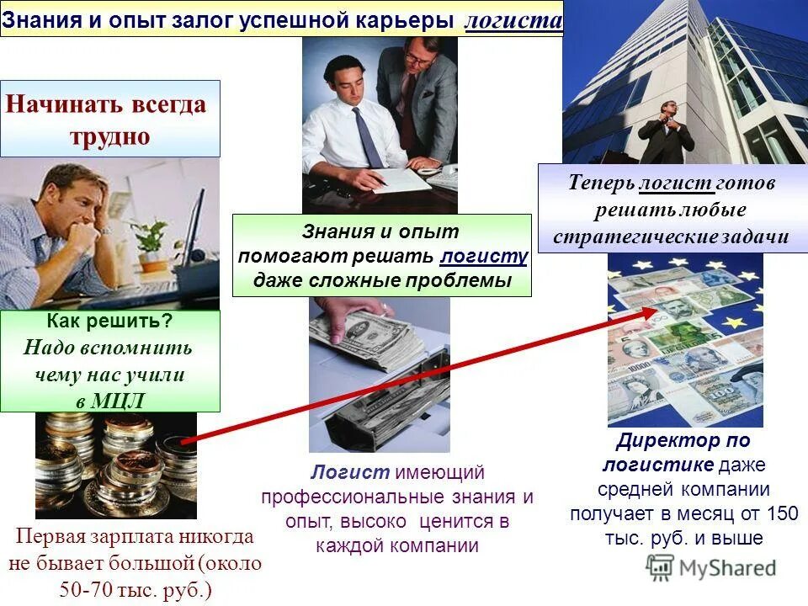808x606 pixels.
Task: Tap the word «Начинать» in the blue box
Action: click(65, 104)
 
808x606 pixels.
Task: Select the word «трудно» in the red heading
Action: click(110, 136)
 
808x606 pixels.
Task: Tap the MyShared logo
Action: click(711, 567)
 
